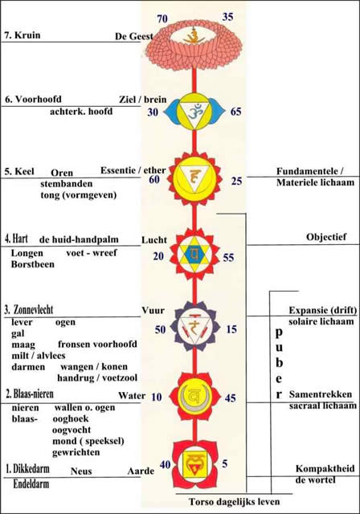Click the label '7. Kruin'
tap(22, 35)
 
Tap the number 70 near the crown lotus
tap(162, 19)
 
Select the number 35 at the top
tap(227, 17)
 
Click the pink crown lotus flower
tap(194, 44)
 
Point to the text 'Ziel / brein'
tap(143, 100)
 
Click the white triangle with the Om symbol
tap(194, 112)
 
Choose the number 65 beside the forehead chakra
tap(235, 112)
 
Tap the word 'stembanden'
tap(67, 184)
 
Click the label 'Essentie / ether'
tap(133, 170)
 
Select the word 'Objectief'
tap(326, 237)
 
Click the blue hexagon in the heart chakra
tap(194, 254)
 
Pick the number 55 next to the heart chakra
tap(228, 258)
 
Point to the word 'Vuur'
tap(153, 311)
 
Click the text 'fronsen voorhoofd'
tap(97, 345)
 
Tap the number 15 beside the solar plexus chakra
tap(231, 329)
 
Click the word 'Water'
tap(132, 395)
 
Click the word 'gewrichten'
tap(76, 452)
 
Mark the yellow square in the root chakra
tap(194, 464)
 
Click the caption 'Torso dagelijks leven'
tap(234, 501)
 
